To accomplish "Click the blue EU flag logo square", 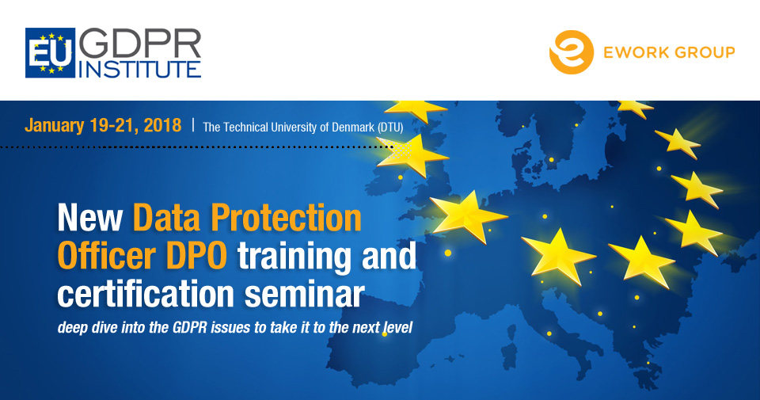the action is (x=51, y=53).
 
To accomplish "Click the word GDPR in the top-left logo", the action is (x=140, y=44).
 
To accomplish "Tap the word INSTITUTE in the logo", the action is (x=140, y=70).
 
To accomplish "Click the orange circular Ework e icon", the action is (x=571, y=52).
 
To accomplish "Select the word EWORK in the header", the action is (x=633, y=52).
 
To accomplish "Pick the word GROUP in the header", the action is (x=703, y=52).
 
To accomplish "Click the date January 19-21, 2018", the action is (x=103, y=126).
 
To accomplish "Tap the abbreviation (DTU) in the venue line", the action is (x=390, y=128).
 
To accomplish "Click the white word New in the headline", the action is (x=89, y=218).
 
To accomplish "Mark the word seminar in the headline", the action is (x=304, y=295).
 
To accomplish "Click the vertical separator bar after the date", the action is (x=193, y=126).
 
